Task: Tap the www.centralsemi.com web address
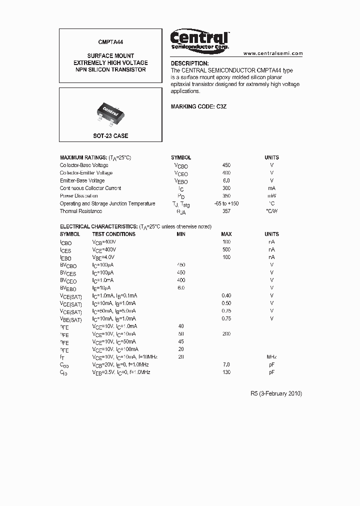pos(273,53)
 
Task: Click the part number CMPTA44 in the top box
pos(110,44)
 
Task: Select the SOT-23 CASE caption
pos(110,136)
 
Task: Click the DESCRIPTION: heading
pos(189,63)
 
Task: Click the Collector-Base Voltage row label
pos(84,165)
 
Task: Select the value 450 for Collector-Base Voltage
pos(226,165)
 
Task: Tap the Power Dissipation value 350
pos(226,196)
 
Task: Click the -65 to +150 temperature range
pos(226,203)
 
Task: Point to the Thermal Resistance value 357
pos(226,211)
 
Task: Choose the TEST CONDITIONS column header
pos(113,234)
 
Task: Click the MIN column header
pos(181,234)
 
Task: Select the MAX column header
pos(226,234)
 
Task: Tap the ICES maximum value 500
pos(226,249)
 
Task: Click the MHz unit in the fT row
pos(271,357)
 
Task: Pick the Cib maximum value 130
pos(226,372)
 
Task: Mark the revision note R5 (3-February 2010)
pos(276,393)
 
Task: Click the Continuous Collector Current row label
pos(90,188)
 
